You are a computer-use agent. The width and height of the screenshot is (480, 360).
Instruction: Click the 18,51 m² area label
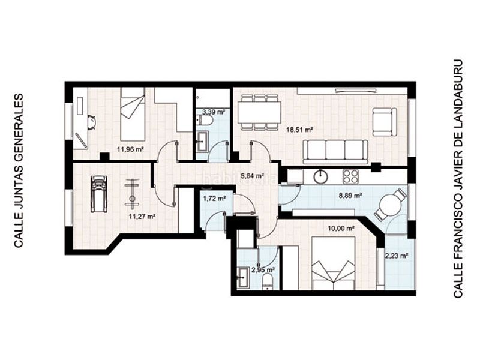(x=299, y=130)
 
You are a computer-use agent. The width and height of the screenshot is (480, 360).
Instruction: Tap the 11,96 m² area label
(x=130, y=149)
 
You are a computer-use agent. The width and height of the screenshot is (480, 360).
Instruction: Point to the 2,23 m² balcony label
(x=397, y=256)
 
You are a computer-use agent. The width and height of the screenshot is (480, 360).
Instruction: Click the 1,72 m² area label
(x=214, y=199)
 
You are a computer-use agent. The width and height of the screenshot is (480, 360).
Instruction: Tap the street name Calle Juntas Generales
(x=19, y=167)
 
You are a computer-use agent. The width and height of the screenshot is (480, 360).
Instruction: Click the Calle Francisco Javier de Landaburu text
(x=458, y=178)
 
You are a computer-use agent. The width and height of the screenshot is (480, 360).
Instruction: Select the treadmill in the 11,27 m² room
(x=99, y=194)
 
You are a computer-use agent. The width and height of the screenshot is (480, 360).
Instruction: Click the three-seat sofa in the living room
(x=335, y=152)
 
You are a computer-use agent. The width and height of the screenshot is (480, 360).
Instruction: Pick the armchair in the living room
(x=385, y=122)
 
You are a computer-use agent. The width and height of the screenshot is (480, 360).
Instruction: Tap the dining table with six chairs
(x=260, y=112)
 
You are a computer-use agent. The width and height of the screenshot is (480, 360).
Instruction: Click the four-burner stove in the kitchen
(x=350, y=176)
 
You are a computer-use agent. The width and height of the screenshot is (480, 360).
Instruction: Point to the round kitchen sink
(x=320, y=177)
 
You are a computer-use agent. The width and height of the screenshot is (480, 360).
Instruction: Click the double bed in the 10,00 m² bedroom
(x=333, y=263)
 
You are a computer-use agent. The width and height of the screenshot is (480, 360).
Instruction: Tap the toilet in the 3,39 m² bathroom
(x=206, y=120)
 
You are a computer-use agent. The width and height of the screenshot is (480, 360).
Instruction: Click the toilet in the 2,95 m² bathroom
(x=268, y=282)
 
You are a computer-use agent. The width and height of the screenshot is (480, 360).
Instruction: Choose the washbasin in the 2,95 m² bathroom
(x=244, y=278)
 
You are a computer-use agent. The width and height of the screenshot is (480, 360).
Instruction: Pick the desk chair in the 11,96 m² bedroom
(x=91, y=122)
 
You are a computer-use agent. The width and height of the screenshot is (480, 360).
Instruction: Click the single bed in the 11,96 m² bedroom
(x=133, y=114)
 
